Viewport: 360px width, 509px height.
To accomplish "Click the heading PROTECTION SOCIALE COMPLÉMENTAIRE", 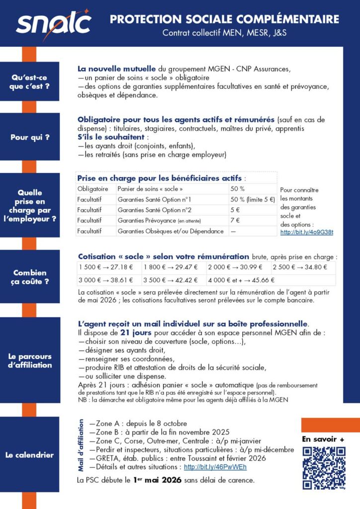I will click(224, 19).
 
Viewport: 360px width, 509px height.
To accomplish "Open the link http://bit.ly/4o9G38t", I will click(307, 232).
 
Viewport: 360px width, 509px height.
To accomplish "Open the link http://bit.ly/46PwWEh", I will click(215, 467).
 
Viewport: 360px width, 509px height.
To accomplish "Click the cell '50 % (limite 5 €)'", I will click(252, 199).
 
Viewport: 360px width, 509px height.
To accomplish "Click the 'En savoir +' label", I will click(323, 439).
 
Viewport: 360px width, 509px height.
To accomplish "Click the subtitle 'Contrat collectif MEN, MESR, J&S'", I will click(224, 33).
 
